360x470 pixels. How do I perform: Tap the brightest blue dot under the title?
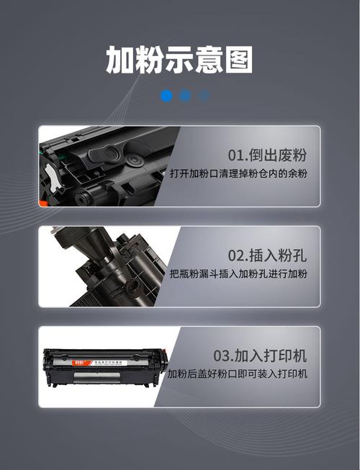click(x=167, y=95)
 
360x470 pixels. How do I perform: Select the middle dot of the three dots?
click(x=186, y=95)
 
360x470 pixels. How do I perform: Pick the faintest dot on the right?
click(x=204, y=95)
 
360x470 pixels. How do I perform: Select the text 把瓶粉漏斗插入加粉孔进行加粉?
click(x=239, y=274)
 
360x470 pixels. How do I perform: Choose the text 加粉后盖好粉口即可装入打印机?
click(x=238, y=374)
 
